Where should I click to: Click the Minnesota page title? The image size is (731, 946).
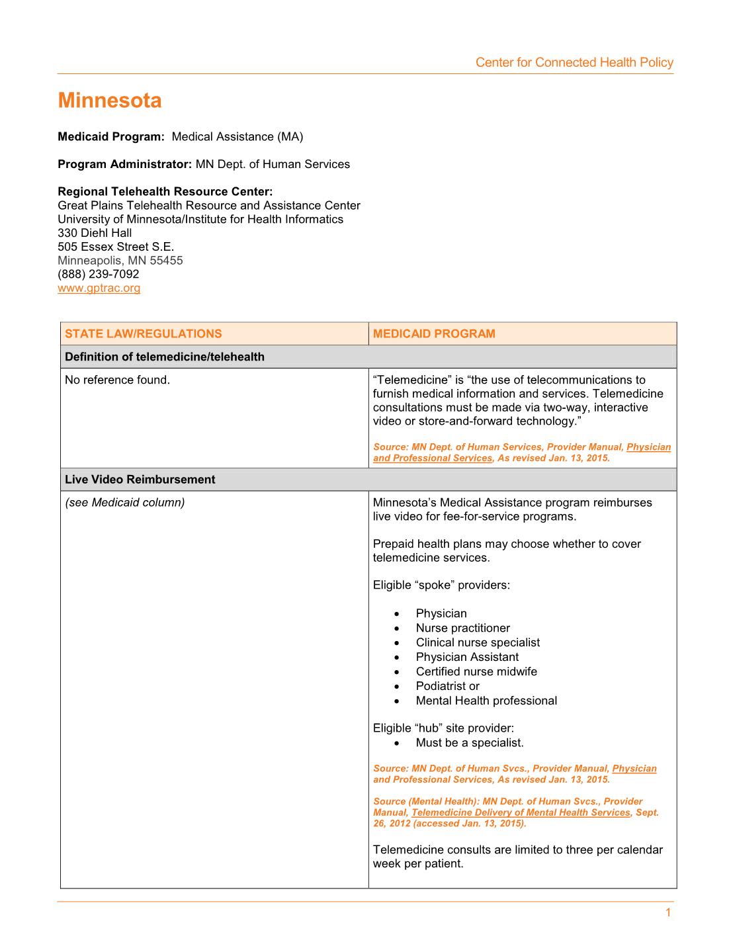pos(110,101)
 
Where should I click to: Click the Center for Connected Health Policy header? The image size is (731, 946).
pos(574,63)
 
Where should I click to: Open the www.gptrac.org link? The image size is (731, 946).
pos(99,288)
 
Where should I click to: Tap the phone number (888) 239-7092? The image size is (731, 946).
pos(99,274)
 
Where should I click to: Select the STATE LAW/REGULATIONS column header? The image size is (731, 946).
pos(144,333)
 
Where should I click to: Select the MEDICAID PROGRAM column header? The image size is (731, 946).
pos(434,333)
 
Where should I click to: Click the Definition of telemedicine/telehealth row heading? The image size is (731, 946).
pos(165,357)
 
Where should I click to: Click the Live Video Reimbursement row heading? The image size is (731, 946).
pos(140,480)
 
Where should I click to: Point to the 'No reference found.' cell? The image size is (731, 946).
pos(118,380)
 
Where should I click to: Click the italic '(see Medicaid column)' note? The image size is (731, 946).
pos(125,503)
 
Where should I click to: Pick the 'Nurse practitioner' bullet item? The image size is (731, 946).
pos(463,628)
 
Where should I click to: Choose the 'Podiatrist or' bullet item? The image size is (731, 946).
pos(448,686)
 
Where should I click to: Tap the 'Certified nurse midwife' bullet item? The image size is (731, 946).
pos(476,671)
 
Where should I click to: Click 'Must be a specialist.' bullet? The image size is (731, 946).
pos(470,743)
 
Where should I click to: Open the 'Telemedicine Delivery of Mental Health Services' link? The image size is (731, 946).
pos(521,812)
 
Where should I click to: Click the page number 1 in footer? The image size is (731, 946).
pos(668,913)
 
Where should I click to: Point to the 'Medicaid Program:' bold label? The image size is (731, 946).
pos(110,137)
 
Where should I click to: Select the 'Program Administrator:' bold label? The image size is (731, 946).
pos(125,164)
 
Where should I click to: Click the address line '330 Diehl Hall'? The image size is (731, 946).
pos(95,233)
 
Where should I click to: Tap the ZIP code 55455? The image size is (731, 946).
pos(167,261)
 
